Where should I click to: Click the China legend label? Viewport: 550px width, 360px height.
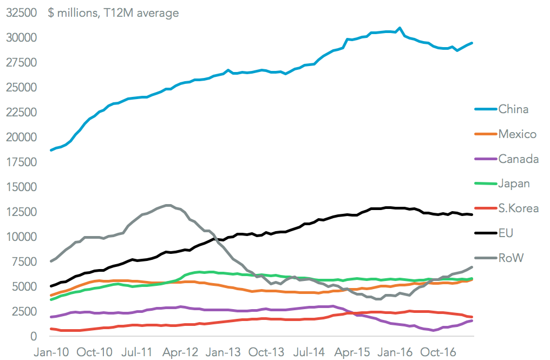pyautogui.click(x=513, y=109)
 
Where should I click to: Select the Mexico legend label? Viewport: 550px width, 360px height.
pyautogui.click(x=518, y=134)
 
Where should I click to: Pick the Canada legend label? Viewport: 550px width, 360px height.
pyautogui.click(x=519, y=159)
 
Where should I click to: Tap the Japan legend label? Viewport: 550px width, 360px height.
pyautogui.click(x=514, y=184)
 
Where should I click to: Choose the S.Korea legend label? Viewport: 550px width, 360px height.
pyautogui.click(x=519, y=208)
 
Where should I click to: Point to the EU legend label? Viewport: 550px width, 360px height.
pyautogui.click(x=506, y=233)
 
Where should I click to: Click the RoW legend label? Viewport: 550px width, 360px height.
pyautogui.click(x=511, y=258)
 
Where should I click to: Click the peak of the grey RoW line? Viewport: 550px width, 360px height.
pyautogui.click(x=168, y=205)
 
